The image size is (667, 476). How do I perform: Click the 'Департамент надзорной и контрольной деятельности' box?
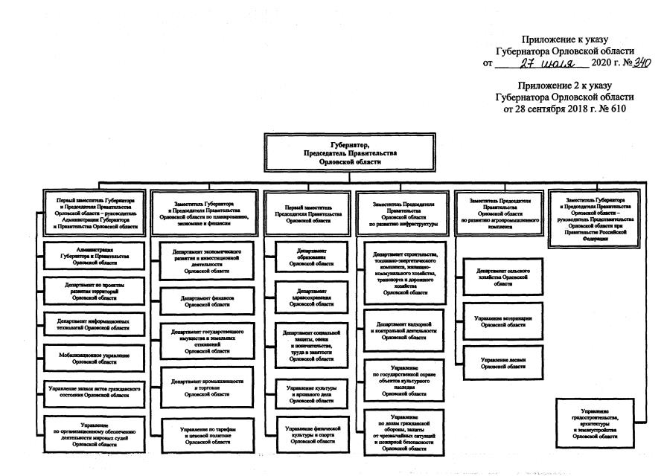point(404,330)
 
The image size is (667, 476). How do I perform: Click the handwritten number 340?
point(638,62)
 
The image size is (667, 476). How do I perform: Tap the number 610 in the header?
point(615,109)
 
